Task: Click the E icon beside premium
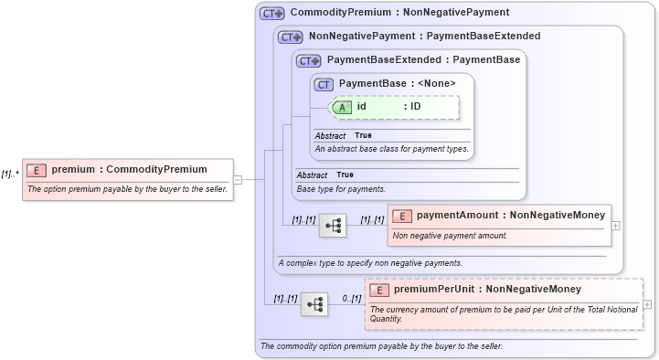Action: pos(37,170)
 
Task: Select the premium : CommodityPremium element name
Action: pos(129,170)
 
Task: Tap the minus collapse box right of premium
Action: pos(238,180)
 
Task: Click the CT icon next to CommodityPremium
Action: pos(271,14)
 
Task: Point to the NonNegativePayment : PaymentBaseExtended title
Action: pos(424,37)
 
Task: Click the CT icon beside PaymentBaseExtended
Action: pos(309,60)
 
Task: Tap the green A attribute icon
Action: pos(342,107)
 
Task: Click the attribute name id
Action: pos(362,107)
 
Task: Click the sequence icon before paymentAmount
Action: pos(333,224)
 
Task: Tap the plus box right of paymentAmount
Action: pos(615,225)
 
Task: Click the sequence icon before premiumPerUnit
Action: pos(314,303)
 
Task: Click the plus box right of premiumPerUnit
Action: pos(647,304)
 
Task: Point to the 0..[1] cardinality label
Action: pos(352,298)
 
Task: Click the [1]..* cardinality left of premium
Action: pos(10,174)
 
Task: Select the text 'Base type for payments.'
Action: pos(341,189)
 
